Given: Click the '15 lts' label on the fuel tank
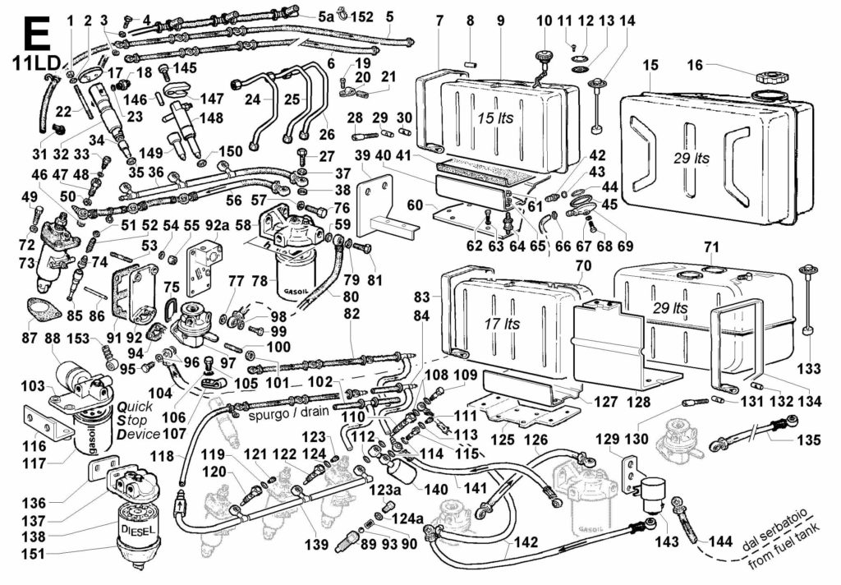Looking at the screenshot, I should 496,117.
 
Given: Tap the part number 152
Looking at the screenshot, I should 362,16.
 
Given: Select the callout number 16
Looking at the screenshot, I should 695,64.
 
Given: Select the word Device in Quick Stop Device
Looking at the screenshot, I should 138,434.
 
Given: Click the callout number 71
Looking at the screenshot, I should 711,247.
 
